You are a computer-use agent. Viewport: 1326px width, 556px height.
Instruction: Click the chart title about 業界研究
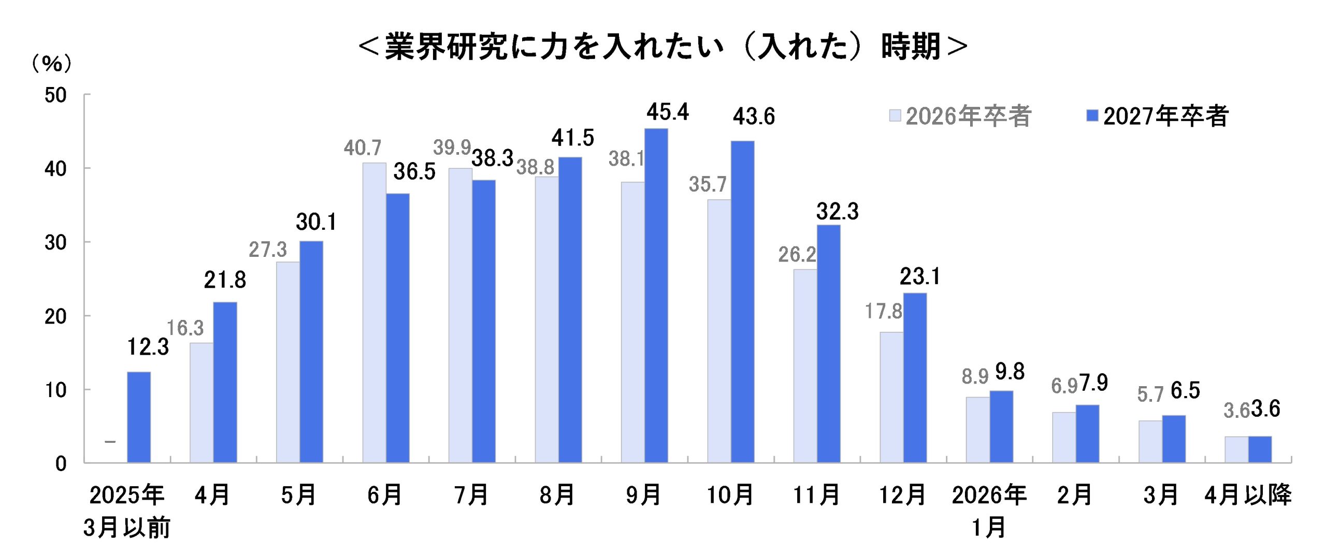[x=662, y=47]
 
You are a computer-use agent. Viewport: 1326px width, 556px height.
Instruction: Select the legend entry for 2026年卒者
[x=960, y=115]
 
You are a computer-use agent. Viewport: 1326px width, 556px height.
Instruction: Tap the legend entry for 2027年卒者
[x=1158, y=115]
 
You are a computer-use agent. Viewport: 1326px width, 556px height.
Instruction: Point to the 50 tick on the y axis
[x=55, y=96]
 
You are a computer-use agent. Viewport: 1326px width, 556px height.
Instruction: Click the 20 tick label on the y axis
[x=55, y=317]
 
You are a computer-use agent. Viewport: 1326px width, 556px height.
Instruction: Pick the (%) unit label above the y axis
[x=52, y=63]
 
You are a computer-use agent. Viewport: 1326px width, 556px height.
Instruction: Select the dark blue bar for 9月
[x=656, y=295]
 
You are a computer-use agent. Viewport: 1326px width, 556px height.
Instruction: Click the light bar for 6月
[x=374, y=313]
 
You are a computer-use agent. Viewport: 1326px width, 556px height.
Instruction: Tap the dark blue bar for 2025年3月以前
[x=139, y=417]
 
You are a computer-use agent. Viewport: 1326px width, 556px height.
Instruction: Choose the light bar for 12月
[x=891, y=397]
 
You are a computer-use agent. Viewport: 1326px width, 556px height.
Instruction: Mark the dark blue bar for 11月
[x=829, y=344]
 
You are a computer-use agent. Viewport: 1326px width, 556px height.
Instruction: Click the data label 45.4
[x=668, y=112]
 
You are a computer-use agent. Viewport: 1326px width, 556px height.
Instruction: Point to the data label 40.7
[x=363, y=148]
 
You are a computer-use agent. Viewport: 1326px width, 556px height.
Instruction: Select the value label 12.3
[x=148, y=347]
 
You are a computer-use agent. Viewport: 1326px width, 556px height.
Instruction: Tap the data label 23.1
[x=919, y=276]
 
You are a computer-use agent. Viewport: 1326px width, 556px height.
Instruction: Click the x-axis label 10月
[x=730, y=495]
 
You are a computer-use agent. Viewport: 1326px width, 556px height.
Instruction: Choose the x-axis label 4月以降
[x=1248, y=495]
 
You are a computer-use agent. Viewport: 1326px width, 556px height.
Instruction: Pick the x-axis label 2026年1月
[x=989, y=511]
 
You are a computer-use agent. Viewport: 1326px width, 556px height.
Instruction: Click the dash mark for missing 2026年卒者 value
[x=110, y=442]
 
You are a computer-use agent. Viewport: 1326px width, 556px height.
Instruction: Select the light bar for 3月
[x=1150, y=442]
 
